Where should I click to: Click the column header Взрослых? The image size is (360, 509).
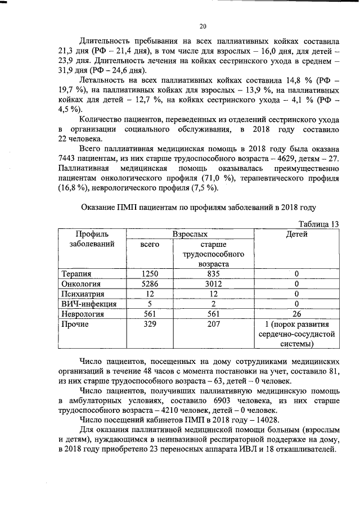point(190,233)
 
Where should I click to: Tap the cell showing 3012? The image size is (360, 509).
point(213,283)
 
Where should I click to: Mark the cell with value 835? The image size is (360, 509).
point(213,273)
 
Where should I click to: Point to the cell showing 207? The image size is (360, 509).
point(213,324)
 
